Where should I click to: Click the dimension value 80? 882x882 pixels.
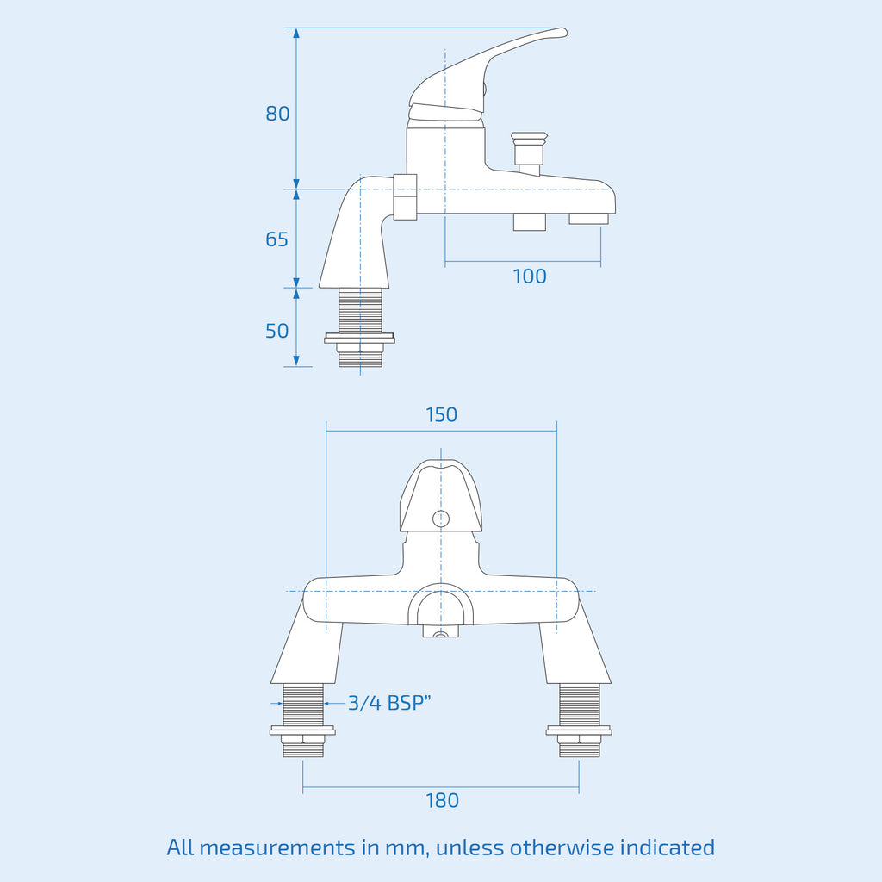pos(277,114)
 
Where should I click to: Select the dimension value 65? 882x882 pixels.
pos(276,239)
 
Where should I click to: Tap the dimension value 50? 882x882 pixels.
pos(276,331)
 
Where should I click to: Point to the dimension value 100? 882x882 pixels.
pos(530,276)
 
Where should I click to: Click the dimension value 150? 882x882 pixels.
pos(442,414)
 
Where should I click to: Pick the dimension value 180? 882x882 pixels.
pos(442,800)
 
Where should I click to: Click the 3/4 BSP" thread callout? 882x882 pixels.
pos(389,703)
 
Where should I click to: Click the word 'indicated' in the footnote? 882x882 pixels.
pos(668,848)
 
